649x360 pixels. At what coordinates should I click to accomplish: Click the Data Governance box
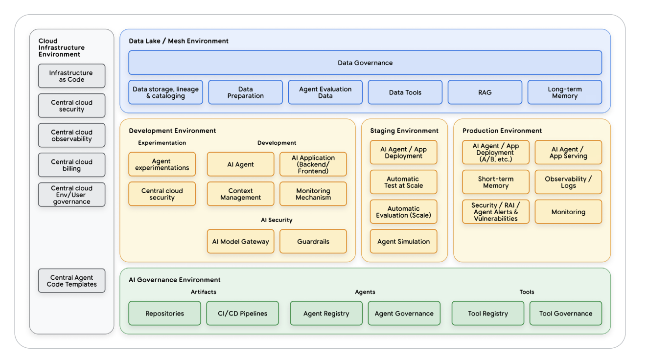tap(365, 63)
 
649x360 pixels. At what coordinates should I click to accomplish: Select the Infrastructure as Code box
tap(71, 76)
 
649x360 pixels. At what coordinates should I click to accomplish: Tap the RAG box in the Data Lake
tap(485, 92)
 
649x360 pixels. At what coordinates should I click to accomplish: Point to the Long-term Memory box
tap(564, 92)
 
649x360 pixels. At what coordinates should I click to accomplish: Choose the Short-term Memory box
tap(495, 182)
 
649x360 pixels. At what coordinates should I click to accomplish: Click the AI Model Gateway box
tap(240, 242)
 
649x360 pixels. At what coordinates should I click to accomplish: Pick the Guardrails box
tap(313, 242)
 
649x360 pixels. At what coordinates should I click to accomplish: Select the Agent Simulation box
tap(403, 242)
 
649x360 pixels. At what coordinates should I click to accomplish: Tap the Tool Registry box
tap(487, 314)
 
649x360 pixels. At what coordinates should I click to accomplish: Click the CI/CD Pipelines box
tap(243, 314)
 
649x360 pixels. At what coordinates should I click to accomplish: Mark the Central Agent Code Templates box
tap(71, 281)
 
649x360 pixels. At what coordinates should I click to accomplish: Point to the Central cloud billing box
tap(71, 165)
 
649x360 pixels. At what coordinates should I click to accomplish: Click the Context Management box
tap(240, 194)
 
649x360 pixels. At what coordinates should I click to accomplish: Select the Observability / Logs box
tap(568, 182)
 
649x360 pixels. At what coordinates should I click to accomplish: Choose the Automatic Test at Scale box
tap(403, 182)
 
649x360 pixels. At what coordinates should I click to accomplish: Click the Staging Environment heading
tap(404, 131)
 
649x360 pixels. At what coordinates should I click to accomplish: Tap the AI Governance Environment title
tap(174, 280)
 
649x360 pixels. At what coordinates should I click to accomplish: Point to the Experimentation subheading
tap(162, 143)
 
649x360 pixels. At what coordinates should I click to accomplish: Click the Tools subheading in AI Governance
tap(527, 292)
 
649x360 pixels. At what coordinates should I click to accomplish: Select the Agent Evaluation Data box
tap(325, 92)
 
